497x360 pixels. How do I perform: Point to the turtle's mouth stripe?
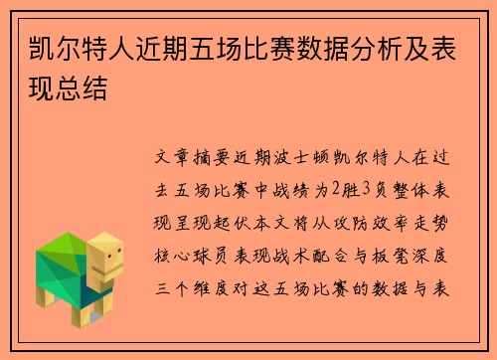110,271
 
